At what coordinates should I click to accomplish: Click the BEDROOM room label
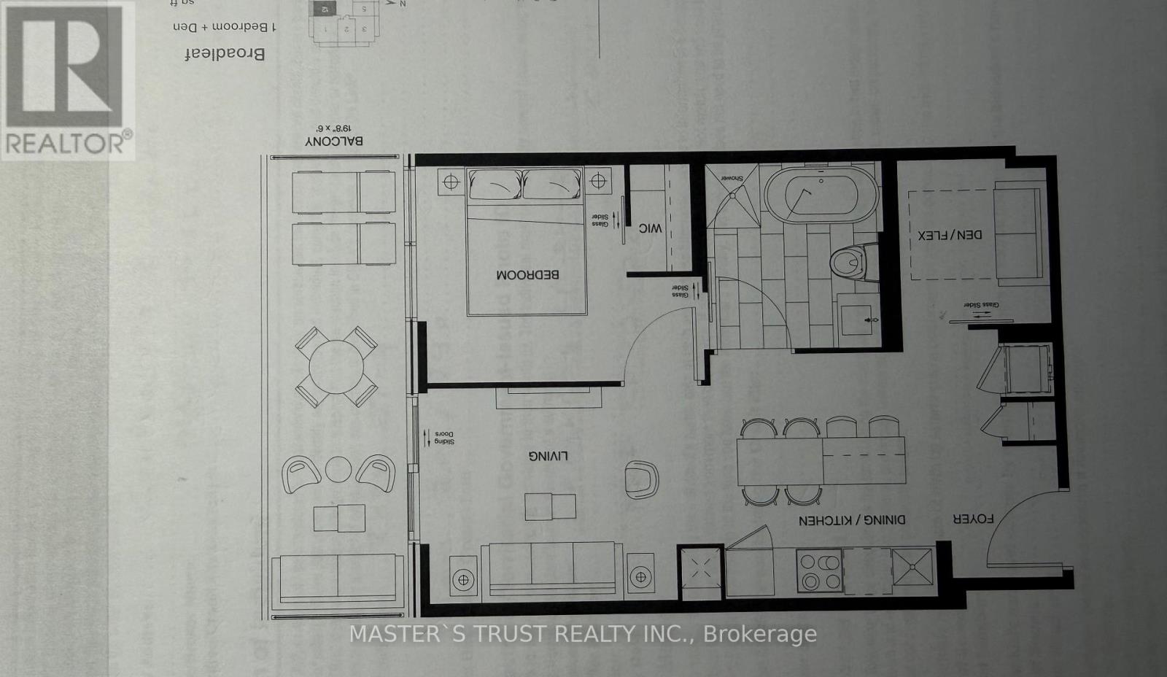[527, 275]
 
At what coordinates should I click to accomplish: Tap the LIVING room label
[548, 456]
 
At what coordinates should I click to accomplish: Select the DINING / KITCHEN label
[852, 520]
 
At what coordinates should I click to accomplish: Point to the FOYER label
[973, 519]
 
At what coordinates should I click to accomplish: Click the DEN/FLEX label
[950, 235]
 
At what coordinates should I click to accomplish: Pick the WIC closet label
[650, 228]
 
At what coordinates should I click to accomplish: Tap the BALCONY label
[334, 141]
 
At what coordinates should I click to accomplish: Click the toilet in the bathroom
[848, 262]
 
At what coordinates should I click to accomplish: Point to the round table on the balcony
[336, 367]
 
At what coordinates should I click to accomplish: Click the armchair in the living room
[642, 479]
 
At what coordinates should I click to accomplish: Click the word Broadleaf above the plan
[224, 53]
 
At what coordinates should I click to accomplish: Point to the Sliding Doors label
[440, 437]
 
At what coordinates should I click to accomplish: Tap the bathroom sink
[858, 320]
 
